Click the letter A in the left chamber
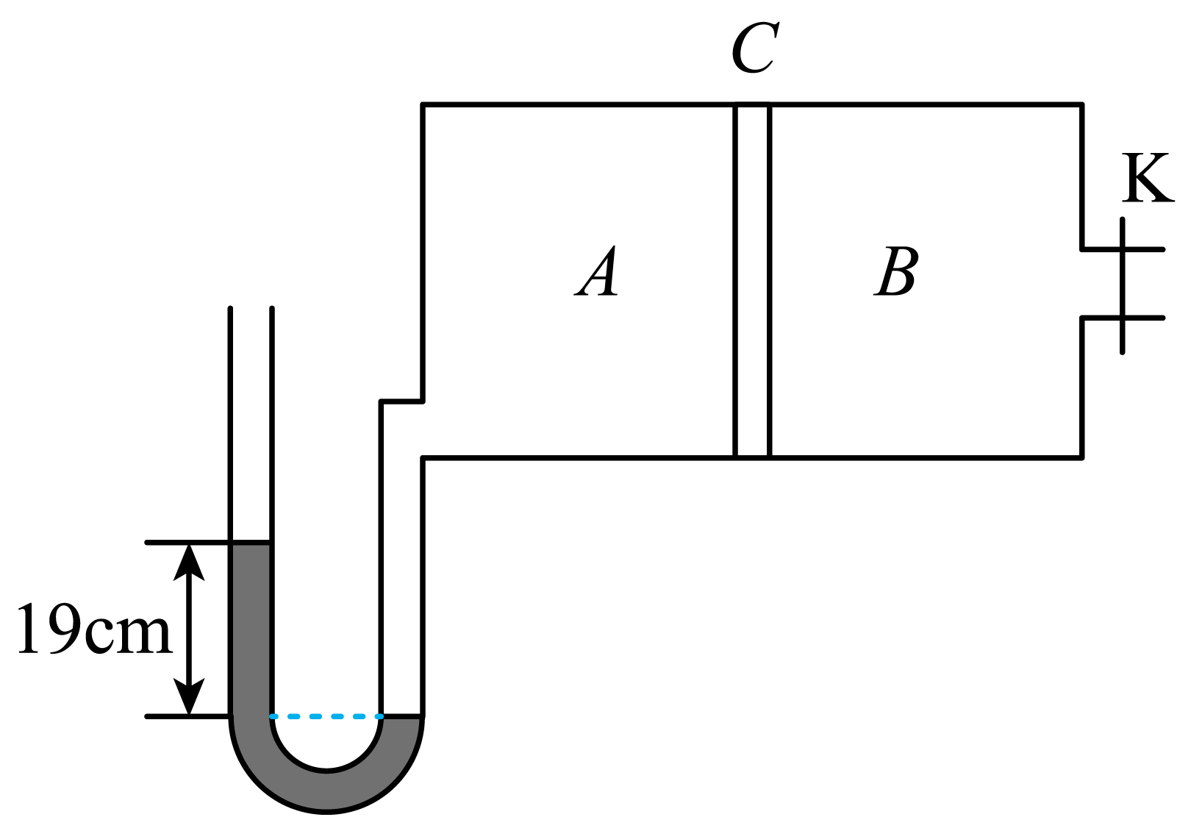(597, 271)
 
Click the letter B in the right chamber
(896, 271)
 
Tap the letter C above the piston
(755, 47)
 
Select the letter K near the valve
(1148, 178)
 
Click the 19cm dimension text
(95, 629)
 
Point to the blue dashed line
(326, 716)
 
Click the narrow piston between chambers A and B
(752, 280)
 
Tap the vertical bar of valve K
(1122, 285)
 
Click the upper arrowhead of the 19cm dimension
(189, 561)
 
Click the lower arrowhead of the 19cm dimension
(189, 697)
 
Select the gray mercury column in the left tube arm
(251, 630)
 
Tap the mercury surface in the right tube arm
(402, 716)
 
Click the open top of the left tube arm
(251, 309)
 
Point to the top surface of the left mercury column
(251, 543)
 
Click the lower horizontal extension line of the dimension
(188, 716)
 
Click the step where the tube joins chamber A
(402, 401)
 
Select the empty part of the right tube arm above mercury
(402, 585)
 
